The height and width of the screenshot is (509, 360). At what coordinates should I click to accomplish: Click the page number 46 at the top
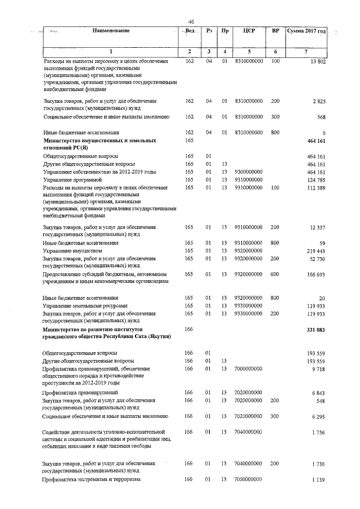pyautogui.click(x=191, y=21)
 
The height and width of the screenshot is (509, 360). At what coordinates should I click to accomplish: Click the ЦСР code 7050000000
pyautogui.click(x=249, y=479)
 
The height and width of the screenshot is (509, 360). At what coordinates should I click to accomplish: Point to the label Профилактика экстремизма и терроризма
pyautogui.click(x=91, y=479)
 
